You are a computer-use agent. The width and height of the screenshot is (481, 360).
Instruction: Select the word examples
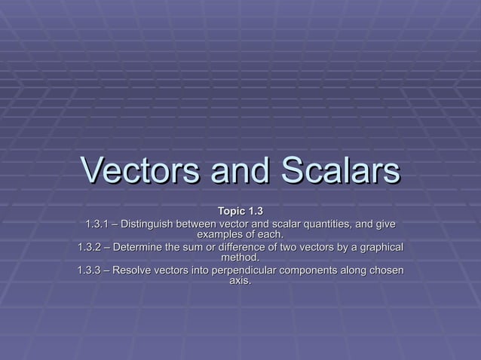coord(220,235)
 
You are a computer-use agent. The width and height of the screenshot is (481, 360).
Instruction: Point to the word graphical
coord(378,247)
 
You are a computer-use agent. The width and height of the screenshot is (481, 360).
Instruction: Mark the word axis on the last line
coord(238,282)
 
